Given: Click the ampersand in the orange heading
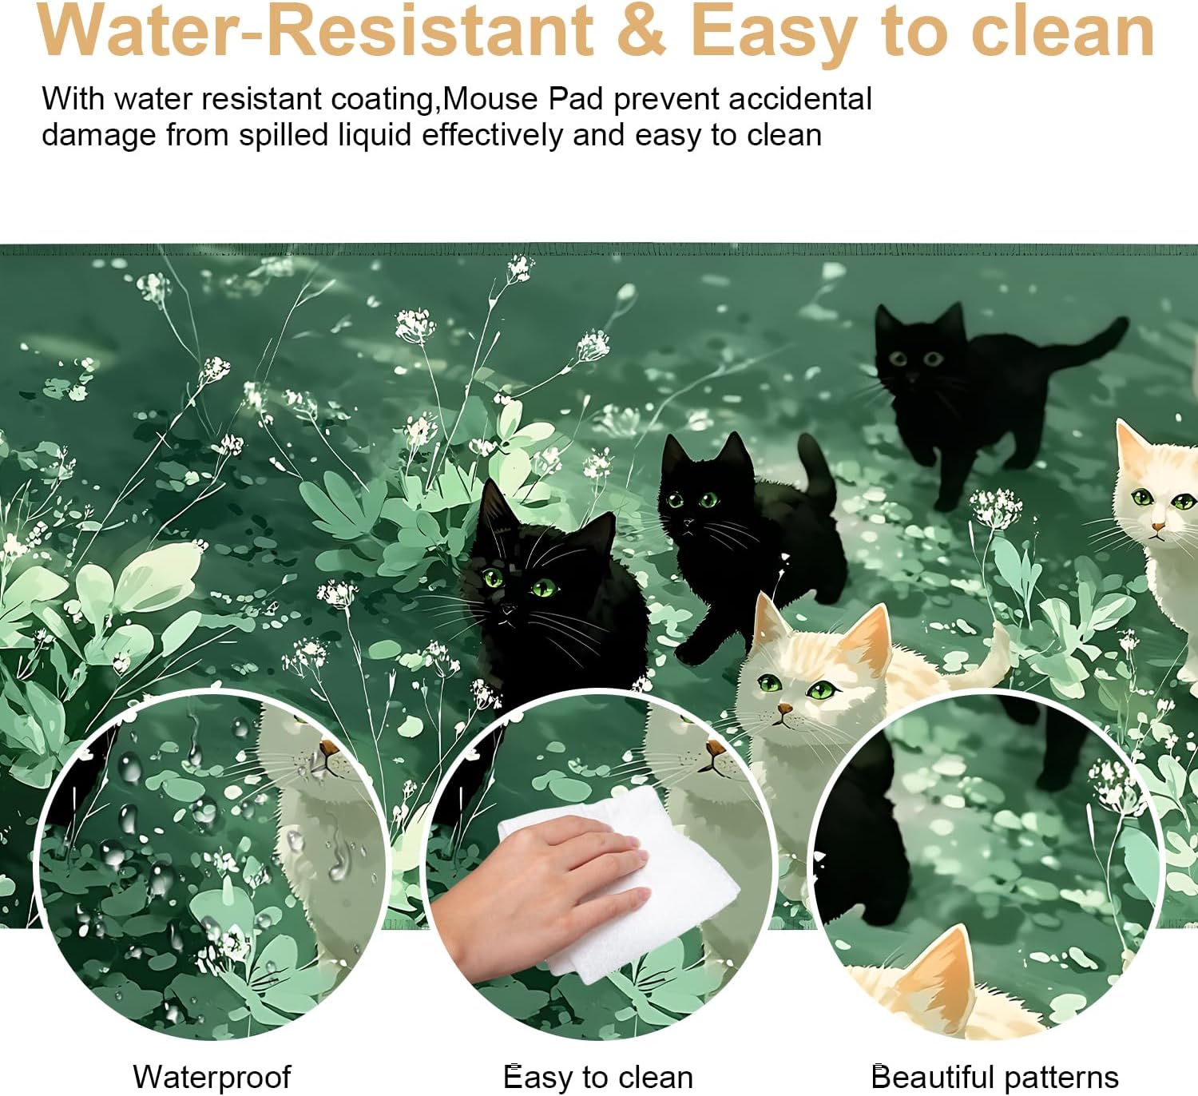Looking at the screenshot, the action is click(641, 30).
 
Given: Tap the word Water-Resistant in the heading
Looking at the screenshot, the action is click(315, 30).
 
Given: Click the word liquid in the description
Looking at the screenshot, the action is click(375, 135).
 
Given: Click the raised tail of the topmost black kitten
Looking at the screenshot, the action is click(1087, 343).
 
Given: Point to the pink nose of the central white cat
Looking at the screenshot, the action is click(785, 709).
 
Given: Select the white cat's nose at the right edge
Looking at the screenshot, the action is click(1158, 527).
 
